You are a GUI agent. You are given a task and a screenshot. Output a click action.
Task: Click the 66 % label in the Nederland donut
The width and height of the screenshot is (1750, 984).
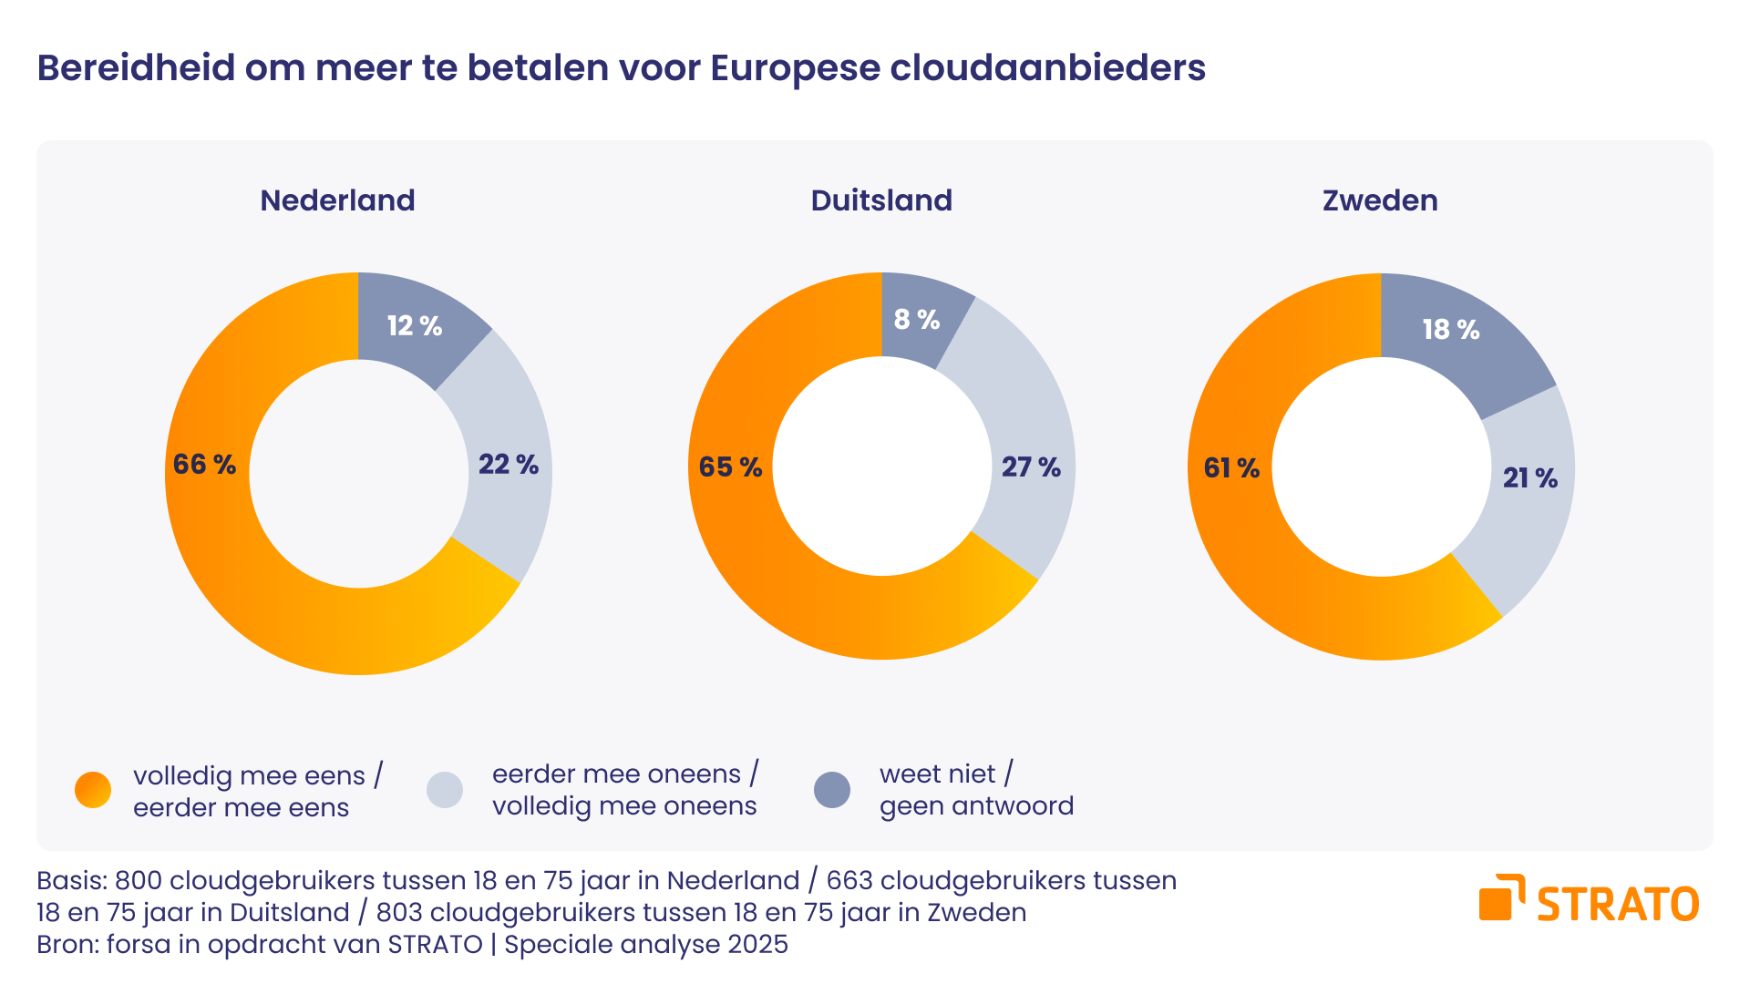tap(204, 465)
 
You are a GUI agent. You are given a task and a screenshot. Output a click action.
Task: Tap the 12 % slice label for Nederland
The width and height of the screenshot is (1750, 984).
tap(415, 326)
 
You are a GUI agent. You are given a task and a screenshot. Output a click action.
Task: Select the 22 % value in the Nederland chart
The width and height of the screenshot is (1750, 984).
tap(509, 465)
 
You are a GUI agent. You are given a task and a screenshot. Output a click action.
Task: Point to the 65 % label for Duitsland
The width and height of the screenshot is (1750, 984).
tap(730, 467)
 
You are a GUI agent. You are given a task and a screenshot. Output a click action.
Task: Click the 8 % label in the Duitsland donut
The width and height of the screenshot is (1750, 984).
tap(917, 320)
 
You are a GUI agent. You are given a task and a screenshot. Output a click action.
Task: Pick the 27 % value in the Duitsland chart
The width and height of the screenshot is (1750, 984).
tap(1031, 467)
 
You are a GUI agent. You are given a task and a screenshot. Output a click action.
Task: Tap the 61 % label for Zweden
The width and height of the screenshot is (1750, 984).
tap(1231, 468)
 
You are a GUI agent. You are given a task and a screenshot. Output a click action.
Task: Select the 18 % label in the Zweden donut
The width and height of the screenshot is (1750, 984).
tap(1451, 330)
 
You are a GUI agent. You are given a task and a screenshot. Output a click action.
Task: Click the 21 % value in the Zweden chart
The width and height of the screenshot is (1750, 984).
tap(1530, 478)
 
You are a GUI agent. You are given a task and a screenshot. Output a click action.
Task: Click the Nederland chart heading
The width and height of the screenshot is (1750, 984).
tap(337, 200)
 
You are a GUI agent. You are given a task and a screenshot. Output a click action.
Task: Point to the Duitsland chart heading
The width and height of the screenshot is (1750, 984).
tap(881, 200)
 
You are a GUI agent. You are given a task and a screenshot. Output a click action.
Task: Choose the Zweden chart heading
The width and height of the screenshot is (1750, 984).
tap(1380, 200)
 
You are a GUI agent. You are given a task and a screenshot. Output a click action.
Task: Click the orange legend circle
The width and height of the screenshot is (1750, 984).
tap(93, 790)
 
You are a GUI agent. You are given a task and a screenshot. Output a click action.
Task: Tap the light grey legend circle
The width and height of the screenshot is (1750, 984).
tap(445, 790)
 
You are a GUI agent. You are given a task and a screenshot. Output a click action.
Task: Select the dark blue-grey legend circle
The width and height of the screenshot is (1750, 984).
tap(832, 790)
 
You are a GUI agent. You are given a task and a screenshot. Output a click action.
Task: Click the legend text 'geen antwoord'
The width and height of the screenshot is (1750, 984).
tap(976, 806)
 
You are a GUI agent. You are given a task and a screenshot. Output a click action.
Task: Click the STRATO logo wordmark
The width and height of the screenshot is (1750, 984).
tap(1617, 904)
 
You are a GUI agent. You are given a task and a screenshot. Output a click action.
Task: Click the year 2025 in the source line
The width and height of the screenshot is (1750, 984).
tap(757, 945)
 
